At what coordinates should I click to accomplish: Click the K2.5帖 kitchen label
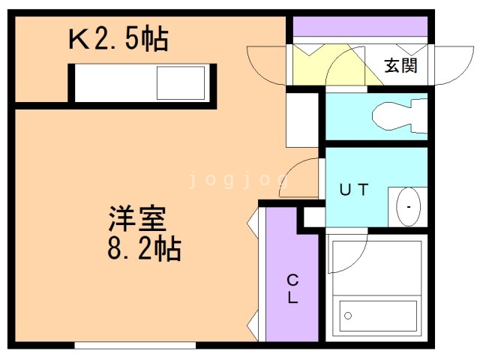click(118, 38)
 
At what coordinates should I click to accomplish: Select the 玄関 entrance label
click(401, 64)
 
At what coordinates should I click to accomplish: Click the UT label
click(354, 190)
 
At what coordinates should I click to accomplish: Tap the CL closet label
click(292, 289)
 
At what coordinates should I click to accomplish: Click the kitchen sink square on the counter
click(181, 82)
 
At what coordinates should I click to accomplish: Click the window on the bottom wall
click(135, 346)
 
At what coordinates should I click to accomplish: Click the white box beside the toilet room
click(304, 121)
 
